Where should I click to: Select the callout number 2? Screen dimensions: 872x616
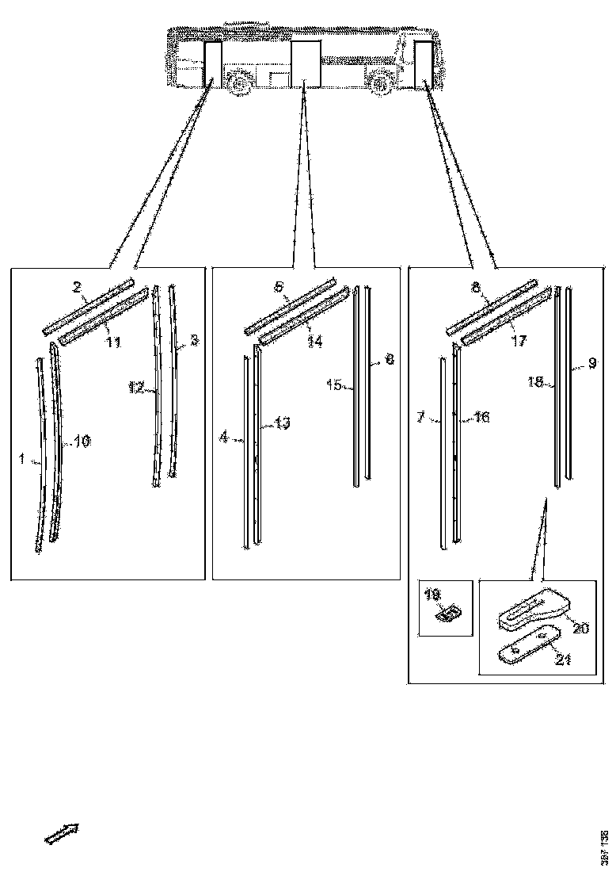pyautogui.click(x=78, y=288)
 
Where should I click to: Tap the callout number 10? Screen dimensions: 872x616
pyautogui.click(x=82, y=442)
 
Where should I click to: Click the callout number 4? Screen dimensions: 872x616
pyautogui.click(x=224, y=436)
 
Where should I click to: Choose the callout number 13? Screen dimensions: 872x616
pyautogui.click(x=282, y=423)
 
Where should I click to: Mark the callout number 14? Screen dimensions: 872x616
pyautogui.click(x=315, y=342)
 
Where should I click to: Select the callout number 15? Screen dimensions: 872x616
pyautogui.click(x=333, y=385)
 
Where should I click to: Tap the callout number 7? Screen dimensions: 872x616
pyautogui.click(x=422, y=416)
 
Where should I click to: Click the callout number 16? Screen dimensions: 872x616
pyautogui.click(x=481, y=417)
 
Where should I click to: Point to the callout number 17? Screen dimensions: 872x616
pyautogui.click(x=518, y=342)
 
